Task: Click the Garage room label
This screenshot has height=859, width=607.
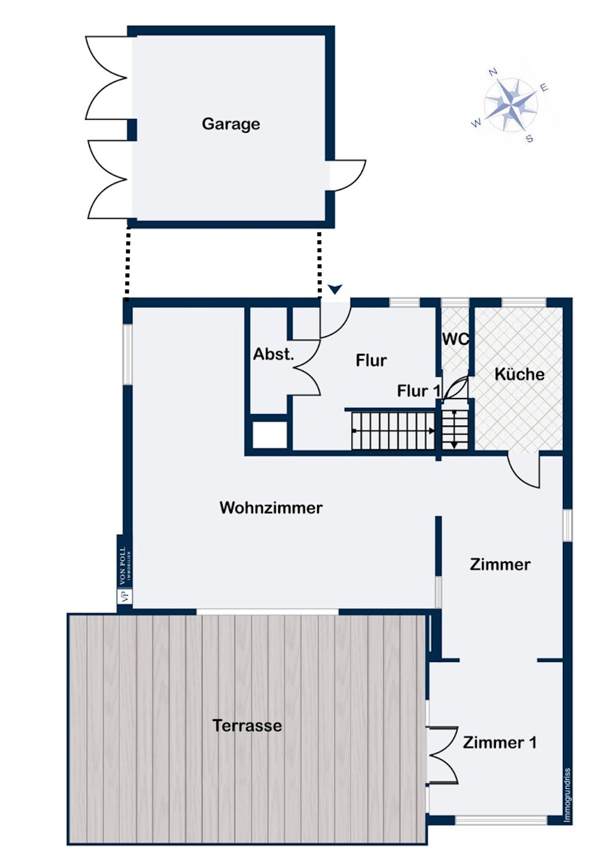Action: (231, 124)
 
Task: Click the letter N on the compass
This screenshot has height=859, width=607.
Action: (493, 72)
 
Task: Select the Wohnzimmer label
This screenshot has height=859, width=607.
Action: (271, 507)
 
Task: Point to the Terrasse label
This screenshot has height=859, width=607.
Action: (247, 726)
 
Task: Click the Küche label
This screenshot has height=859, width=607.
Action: (519, 374)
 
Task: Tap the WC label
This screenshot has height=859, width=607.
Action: (455, 339)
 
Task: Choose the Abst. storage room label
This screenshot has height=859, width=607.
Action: (273, 354)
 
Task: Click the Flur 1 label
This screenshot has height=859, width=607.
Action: (419, 391)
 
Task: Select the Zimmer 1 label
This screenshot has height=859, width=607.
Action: (499, 743)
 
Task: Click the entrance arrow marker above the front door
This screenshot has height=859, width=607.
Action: (335, 289)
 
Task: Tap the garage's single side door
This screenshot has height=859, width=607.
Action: (347, 175)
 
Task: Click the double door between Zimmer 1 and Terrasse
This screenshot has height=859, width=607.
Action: (443, 755)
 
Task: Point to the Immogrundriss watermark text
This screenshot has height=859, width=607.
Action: (567, 795)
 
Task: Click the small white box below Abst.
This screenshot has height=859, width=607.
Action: (270, 435)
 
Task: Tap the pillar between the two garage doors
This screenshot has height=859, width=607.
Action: (132, 130)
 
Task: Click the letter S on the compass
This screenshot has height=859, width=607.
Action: (530, 139)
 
